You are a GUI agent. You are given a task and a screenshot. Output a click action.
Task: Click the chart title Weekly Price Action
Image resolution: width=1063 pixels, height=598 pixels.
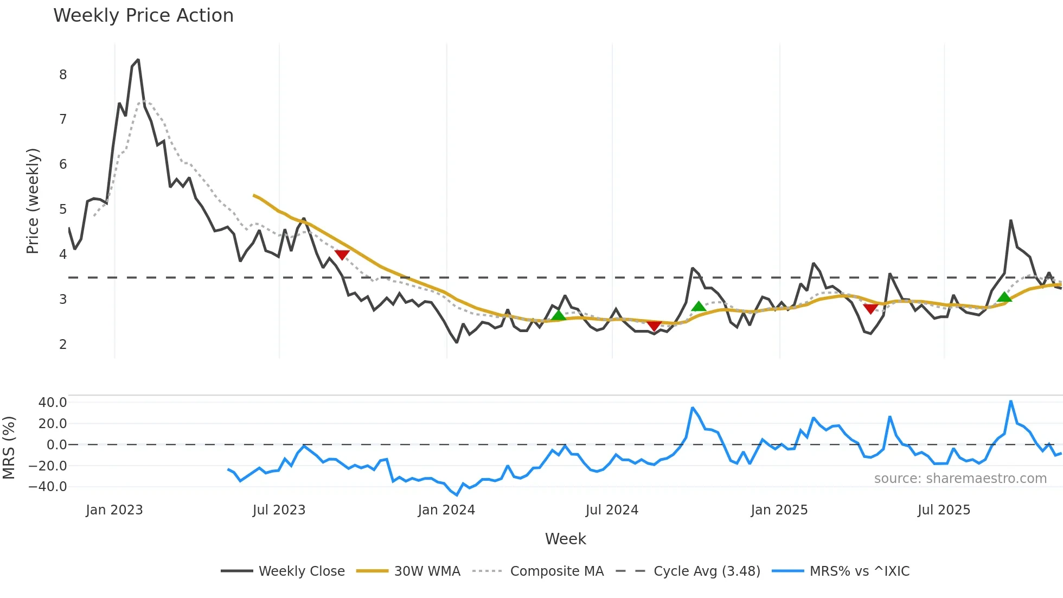click(x=143, y=16)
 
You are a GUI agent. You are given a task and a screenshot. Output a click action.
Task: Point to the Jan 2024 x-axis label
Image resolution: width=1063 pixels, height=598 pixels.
click(x=446, y=510)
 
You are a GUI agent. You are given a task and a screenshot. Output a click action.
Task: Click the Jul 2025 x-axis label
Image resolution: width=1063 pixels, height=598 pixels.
click(x=944, y=510)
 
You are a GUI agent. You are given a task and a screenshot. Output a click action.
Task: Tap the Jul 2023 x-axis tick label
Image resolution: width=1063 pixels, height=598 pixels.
click(x=279, y=510)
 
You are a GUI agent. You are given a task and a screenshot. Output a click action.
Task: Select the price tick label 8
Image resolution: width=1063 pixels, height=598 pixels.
click(x=63, y=75)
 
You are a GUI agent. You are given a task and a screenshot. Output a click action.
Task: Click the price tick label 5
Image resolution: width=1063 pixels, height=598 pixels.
click(x=63, y=209)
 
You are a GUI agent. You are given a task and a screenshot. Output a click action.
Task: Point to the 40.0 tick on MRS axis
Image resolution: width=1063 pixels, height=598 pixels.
click(x=53, y=403)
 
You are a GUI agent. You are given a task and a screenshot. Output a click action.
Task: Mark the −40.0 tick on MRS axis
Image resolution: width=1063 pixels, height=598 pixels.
click(x=48, y=487)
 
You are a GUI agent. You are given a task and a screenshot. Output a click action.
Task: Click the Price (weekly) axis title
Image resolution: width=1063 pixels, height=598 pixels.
click(x=33, y=201)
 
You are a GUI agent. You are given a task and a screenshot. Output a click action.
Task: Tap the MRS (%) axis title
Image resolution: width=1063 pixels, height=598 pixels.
click(x=9, y=448)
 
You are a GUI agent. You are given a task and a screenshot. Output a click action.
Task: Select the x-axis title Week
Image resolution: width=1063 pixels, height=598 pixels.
click(x=565, y=539)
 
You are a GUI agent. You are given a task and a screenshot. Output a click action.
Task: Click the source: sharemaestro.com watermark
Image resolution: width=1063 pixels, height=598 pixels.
click(x=960, y=479)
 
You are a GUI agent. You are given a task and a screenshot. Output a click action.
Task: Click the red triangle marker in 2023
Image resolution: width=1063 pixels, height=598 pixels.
click(x=342, y=255)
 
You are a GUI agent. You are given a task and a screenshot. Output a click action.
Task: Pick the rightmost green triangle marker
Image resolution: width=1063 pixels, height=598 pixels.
click(x=1004, y=297)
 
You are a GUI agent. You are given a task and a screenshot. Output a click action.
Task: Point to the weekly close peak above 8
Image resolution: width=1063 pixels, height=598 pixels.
click(x=138, y=60)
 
